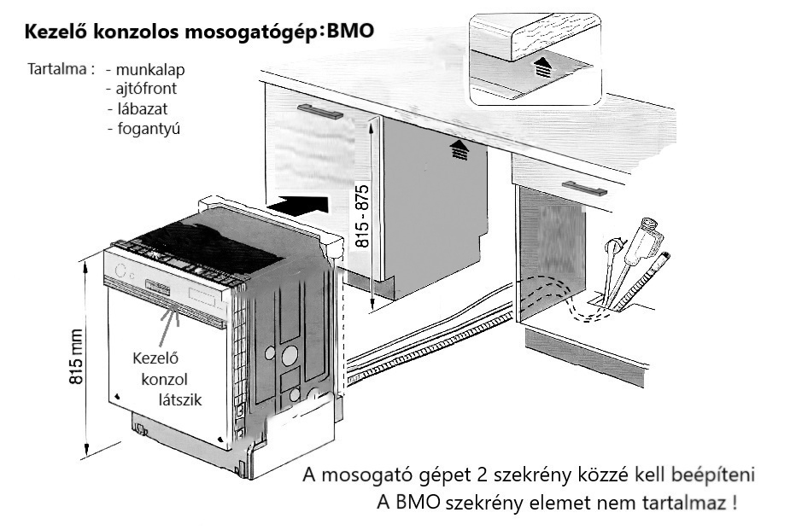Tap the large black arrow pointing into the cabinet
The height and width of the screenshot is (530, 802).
[x=299, y=205]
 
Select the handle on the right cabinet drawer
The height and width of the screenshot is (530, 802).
[x=585, y=188]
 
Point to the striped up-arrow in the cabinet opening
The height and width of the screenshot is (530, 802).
[x=460, y=150]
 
